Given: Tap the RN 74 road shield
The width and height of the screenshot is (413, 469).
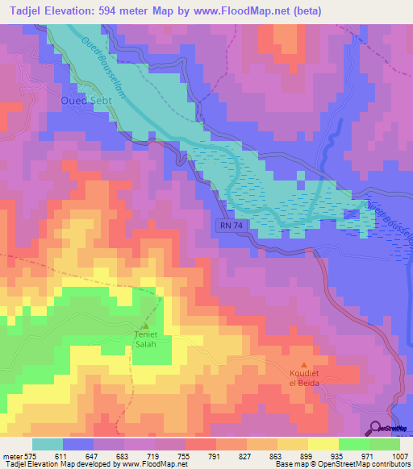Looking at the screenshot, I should [230, 227].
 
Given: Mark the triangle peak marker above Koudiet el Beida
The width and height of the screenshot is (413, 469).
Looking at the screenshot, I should [304, 365].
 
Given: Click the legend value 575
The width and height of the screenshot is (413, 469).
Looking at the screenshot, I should [32, 455].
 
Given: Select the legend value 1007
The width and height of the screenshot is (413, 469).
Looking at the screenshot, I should [400, 455].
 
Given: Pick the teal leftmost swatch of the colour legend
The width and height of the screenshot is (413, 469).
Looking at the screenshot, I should [48, 444].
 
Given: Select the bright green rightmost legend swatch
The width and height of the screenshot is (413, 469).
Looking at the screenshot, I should [384, 444].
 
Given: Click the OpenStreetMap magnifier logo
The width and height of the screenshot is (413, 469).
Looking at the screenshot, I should [374, 428].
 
